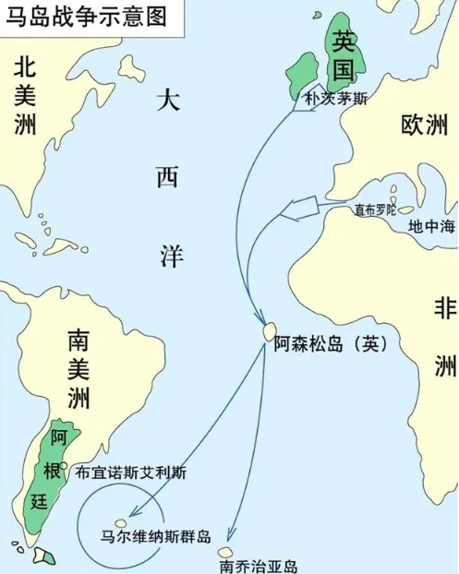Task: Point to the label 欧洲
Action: click(424, 126)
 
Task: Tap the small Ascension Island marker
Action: click(269, 329)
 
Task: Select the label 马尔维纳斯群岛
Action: click(156, 536)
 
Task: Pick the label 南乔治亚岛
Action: click(259, 566)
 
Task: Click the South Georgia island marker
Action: click(225, 551)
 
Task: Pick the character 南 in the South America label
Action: click(78, 341)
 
